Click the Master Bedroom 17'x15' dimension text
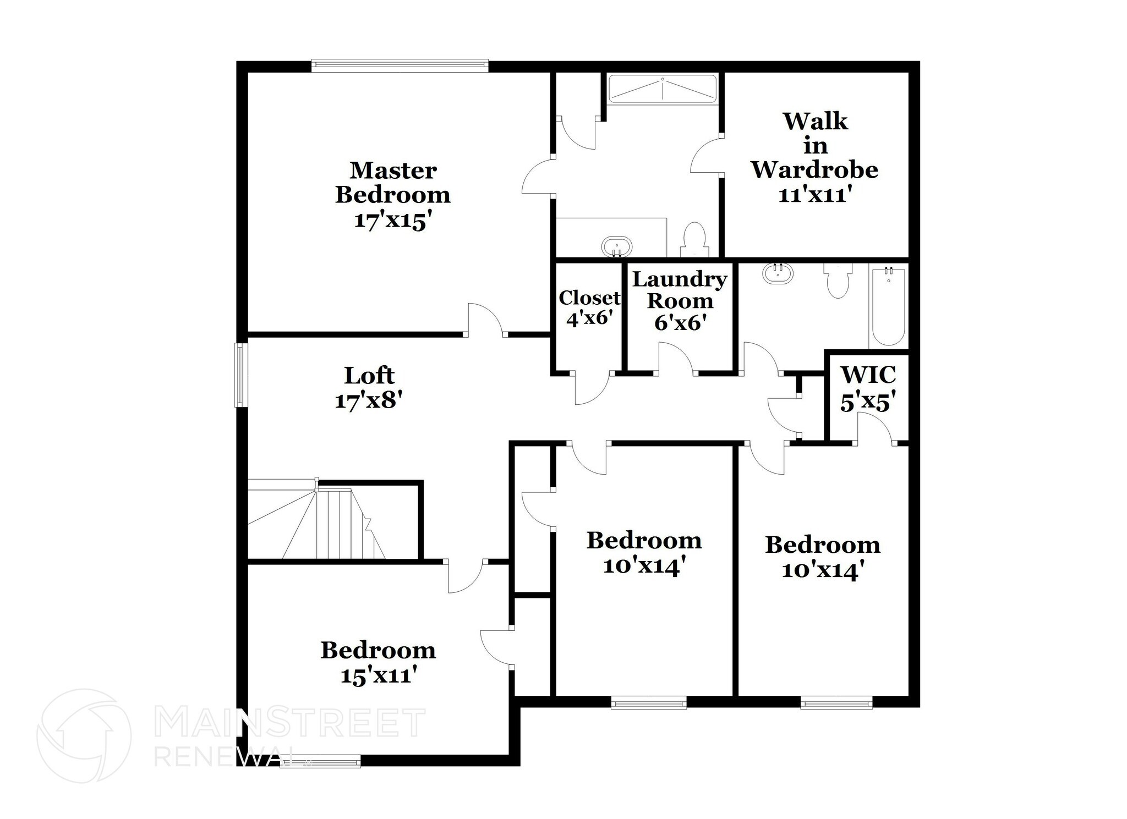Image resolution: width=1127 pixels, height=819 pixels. pos(390,221)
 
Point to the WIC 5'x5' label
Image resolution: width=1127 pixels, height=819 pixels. pos(867,388)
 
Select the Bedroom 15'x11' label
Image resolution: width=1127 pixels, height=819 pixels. pos(378,662)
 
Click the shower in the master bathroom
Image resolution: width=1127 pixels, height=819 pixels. pos(663,89)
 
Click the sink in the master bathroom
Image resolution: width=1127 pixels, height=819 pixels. pos(617,246)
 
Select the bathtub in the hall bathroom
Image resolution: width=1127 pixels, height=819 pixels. pos(888,306)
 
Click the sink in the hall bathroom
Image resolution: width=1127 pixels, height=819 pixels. pos(778,273)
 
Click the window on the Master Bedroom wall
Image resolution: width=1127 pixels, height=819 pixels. pos(400,65)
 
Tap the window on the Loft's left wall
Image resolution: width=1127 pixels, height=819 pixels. pos(241,375)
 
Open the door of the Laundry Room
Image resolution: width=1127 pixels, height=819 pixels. pos(676,359)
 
